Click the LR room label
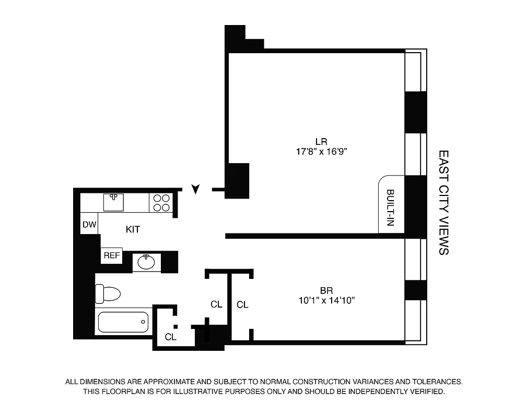(321, 141)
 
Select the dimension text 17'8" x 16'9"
(321, 152)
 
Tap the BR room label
(327, 290)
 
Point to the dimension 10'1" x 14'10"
(327, 301)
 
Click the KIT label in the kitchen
(133, 229)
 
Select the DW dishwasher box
(89, 225)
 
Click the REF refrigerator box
(111, 255)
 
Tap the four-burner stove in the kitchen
(161, 202)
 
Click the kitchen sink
(113, 202)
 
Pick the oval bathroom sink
(147, 262)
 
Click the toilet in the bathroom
(108, 293)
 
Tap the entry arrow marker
(195, 189)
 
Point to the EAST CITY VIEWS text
(443, 203)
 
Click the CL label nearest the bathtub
(171, 337)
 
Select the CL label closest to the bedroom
(242, 305)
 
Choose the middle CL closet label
(216, 304)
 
